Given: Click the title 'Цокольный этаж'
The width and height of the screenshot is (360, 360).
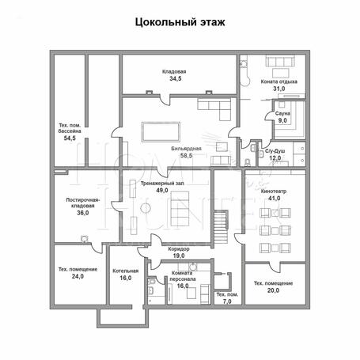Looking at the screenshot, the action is (x=180, y=22).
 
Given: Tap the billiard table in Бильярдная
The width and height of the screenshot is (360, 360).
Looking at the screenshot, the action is (x=161, y=132).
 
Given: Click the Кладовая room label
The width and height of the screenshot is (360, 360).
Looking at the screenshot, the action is (x=174, y=71).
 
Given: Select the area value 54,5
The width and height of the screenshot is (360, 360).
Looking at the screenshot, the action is (x=70, y=138).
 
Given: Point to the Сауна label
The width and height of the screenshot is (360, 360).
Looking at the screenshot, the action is (x=282, y=114).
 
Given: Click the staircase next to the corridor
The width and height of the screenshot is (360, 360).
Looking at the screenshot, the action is (x=221, y=226).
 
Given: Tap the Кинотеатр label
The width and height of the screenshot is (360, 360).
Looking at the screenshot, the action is (x=274, y=191).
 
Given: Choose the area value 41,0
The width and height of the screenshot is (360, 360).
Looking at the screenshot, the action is (x=275, y=199).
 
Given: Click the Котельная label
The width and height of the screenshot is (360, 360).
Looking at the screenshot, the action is (x=126, y=271).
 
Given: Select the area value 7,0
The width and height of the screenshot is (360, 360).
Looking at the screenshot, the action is (x=227, y=301).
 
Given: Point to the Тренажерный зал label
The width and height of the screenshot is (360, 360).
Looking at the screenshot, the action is (x=162, y=184).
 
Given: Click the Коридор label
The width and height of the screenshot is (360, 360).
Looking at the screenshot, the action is (x=179, y=248).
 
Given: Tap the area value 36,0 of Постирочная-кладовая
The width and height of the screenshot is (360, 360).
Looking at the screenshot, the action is (x=83, y=213).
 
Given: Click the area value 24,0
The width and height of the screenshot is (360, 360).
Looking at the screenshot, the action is (x=78, y=276).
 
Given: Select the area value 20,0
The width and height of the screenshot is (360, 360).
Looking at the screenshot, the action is (x=274, y=290).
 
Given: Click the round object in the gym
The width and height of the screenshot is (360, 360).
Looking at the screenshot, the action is (x=146, y=208).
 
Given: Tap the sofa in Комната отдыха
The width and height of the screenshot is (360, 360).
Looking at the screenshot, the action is (x=280, y=61).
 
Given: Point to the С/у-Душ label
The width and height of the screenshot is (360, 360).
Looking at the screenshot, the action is (x=275, y=151).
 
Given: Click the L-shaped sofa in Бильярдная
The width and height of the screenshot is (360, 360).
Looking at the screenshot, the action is (x=214, y=109).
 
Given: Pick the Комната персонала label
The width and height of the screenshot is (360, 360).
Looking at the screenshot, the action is (x=183, y=276).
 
